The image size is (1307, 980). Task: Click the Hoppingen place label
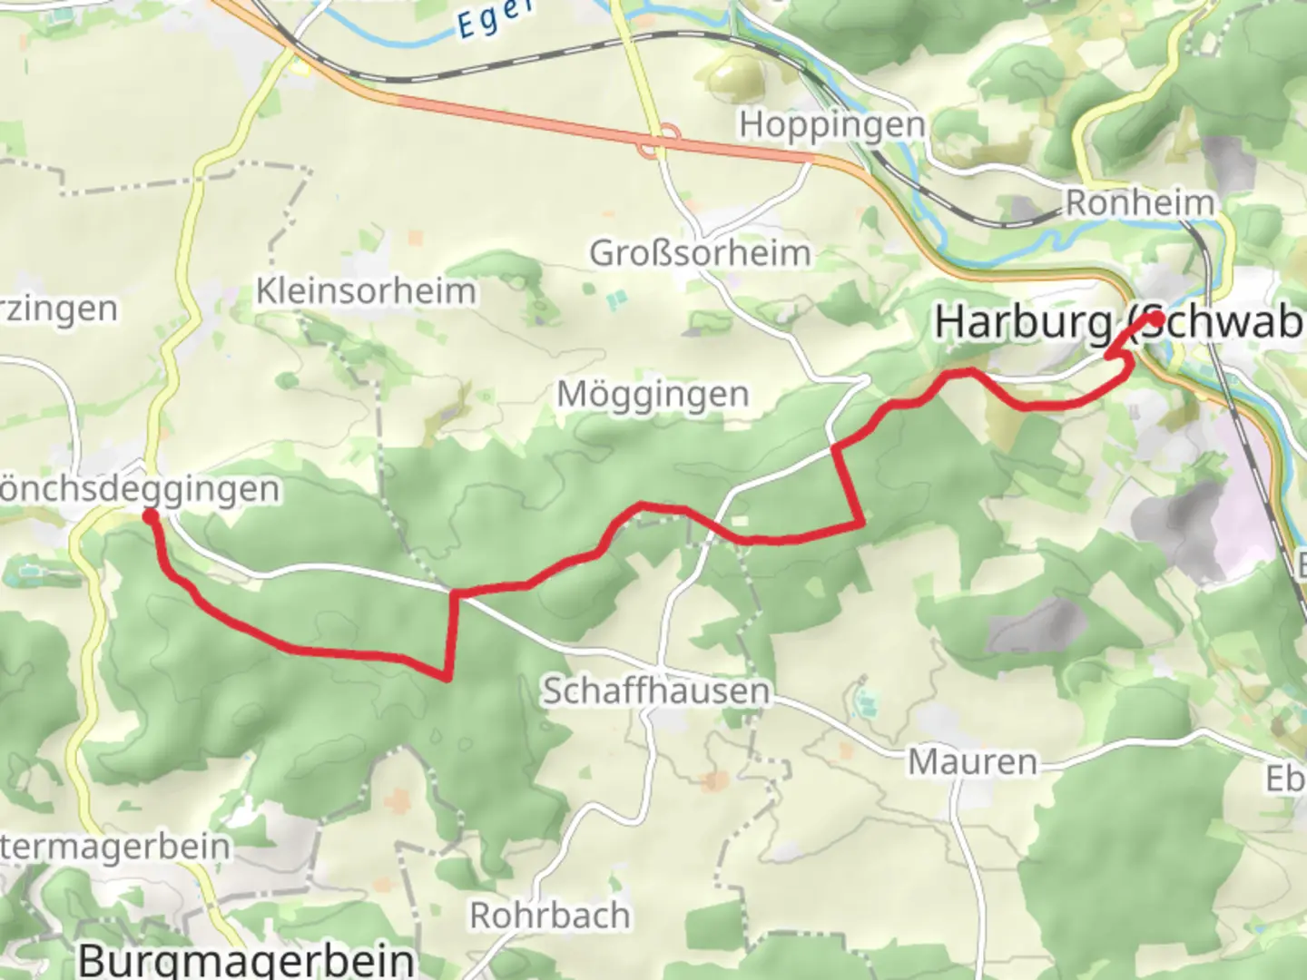pyautogui.click(x=831, y=124)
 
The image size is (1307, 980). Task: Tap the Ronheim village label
pyautogui.click(x=1139, y=202)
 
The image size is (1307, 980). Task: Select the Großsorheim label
pyautogui.click(x=700, y=252)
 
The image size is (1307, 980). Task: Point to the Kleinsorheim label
pyautogui.click(x=366, y=291)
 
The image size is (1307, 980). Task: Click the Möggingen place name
pyautogui.click(x=653, y=395)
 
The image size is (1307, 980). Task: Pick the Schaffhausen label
pyautogui.click(x=655, y=691)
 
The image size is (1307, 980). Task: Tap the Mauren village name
pyautogui.click(x=972, y=762)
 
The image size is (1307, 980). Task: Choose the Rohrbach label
pyautogui.click(x=549, y=916)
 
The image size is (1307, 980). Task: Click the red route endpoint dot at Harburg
pyautogui.click(x=1155, y=319)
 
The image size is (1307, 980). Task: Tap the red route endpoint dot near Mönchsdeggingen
pyautogui.click(x=150, y=516)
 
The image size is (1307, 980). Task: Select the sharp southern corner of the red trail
pyautogui.click(x=447, y=676)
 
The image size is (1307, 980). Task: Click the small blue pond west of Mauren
pyautogui.click(x=867, y=700)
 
